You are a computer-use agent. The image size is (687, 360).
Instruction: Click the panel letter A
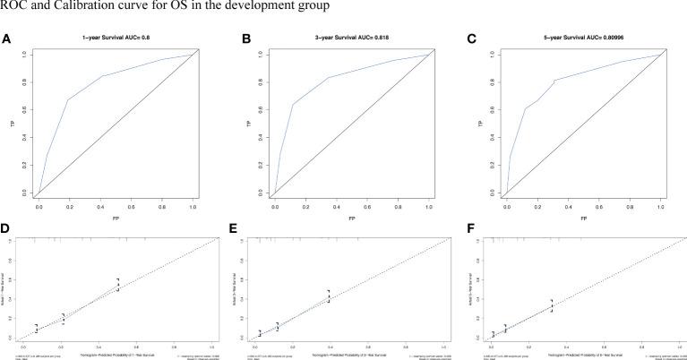click(6, 39)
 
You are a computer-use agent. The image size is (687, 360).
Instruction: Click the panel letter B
click(236, 39)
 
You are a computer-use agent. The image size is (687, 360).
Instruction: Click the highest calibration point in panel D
click(117, 285)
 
